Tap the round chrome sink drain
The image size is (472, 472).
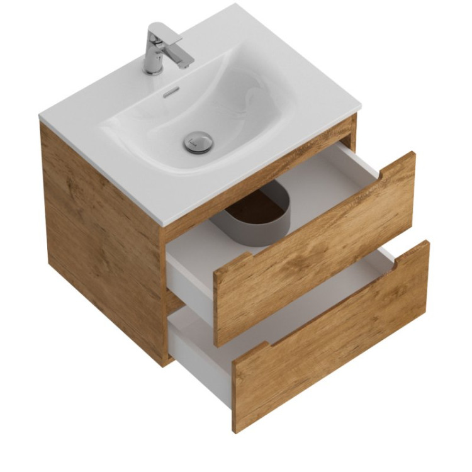198,142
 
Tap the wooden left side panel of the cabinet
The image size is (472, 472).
101,233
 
